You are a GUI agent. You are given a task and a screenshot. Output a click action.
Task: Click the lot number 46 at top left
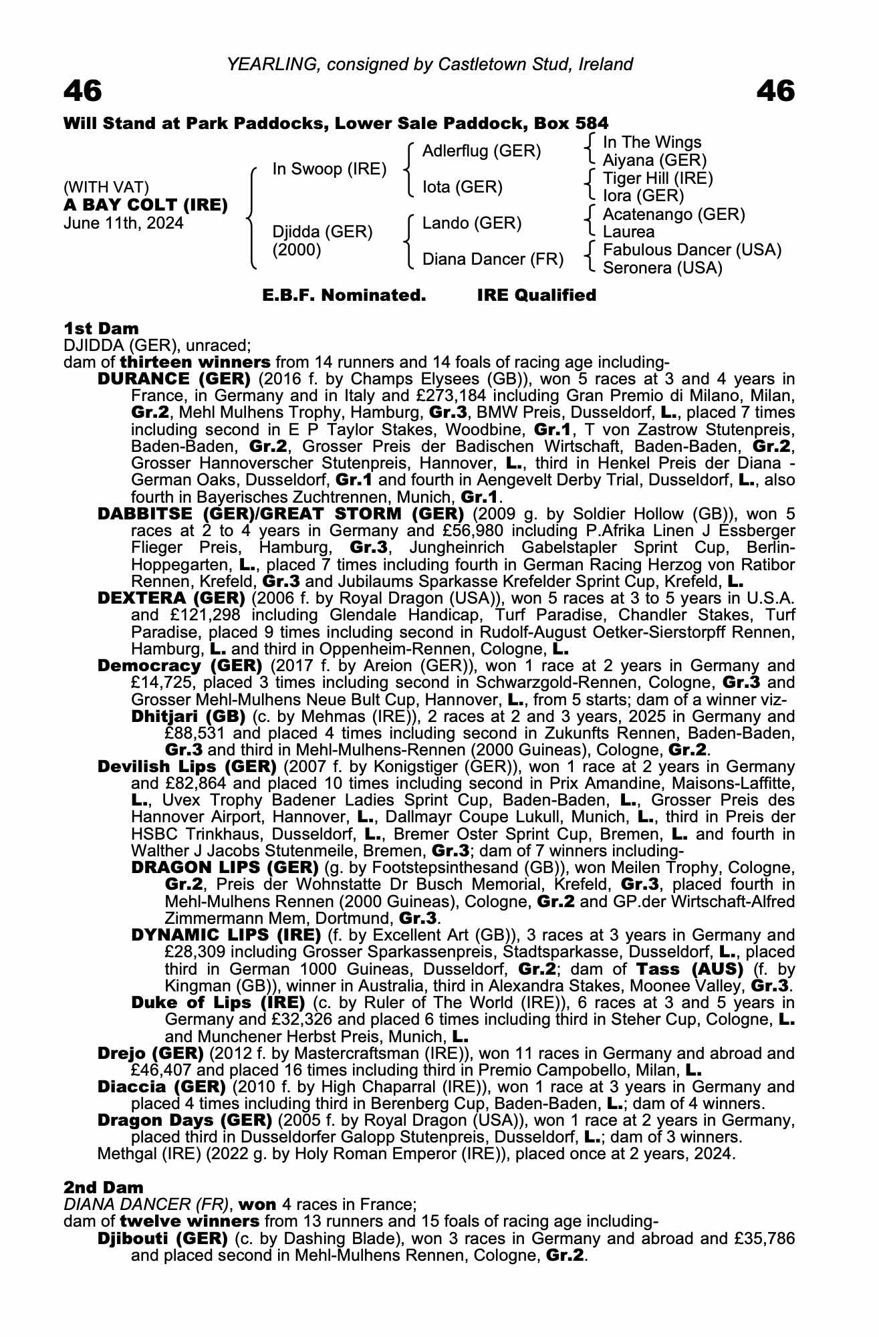[83, 92]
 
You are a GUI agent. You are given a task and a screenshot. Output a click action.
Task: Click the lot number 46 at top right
[775, 92]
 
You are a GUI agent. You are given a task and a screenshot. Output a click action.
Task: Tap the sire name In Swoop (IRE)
[329, 169]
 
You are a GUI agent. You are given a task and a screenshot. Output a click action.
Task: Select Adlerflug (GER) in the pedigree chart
[481, 151]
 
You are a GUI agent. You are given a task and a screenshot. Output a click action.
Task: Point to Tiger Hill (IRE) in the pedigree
[658, 178]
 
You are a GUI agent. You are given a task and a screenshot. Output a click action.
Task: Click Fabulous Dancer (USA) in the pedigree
[692, 250]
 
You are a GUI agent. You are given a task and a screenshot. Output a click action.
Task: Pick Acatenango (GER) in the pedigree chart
[674, 215]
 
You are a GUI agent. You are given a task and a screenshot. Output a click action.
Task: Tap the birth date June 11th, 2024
[123, 223]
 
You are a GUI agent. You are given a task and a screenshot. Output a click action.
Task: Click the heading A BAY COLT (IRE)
[146, 205]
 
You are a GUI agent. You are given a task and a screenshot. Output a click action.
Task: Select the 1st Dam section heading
[101, 328]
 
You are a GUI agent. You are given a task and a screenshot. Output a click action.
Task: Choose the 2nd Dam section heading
[104, 1187]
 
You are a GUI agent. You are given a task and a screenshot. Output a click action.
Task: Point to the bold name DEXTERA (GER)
[171, 598]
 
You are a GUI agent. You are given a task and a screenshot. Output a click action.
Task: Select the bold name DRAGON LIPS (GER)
[225, 868]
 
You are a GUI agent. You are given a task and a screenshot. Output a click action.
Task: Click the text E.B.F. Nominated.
[344, 295]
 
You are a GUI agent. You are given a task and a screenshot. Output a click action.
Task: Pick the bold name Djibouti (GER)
[162, 1239]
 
